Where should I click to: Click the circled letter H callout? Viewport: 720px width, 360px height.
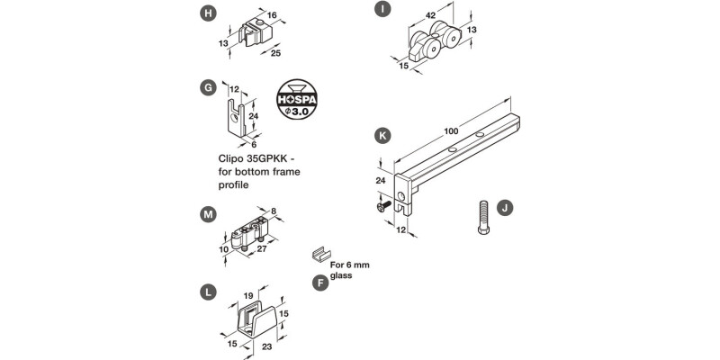point(208,13)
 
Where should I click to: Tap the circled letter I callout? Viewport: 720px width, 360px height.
point(382,9)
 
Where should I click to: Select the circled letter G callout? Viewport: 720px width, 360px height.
point(208,87)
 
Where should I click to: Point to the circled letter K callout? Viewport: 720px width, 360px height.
point(382,136)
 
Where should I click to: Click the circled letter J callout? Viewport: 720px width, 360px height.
point(505,208)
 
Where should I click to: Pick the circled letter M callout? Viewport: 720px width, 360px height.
point(208,214)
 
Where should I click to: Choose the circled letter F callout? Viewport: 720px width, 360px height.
point(320,283)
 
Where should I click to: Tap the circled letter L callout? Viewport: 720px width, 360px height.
point(208,292)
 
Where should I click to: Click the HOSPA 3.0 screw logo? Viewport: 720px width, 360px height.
point(297,99)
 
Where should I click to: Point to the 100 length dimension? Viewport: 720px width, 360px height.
point(451,131)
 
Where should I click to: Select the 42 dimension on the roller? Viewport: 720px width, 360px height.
point(430,15)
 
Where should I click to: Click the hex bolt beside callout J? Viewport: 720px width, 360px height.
point(483,217)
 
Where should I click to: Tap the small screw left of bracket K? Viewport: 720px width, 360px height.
point(384,206)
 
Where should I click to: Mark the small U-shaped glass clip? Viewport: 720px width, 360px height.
point(321,254)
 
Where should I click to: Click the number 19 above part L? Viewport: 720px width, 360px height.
point(249,297)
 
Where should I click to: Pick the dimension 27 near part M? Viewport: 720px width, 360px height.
point(262,248)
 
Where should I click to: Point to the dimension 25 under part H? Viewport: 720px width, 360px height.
point(275,53)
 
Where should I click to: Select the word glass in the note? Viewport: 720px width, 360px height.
point(341,275)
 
